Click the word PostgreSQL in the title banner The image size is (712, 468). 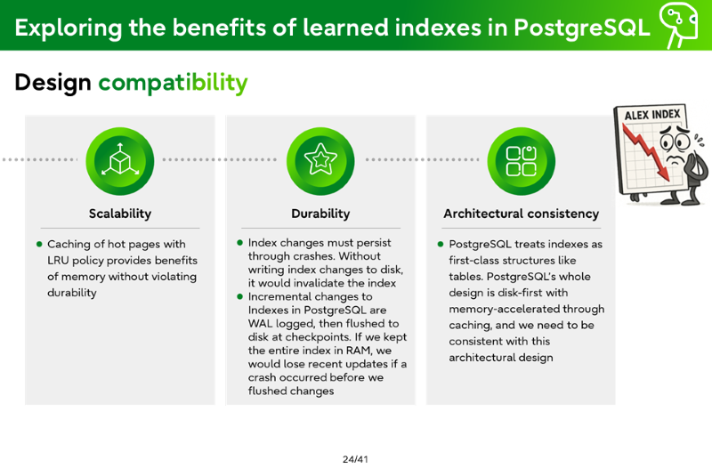[x=582, y=28]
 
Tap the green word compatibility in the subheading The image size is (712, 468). [x=173, y=83]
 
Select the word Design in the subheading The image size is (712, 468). [x=53, y=83]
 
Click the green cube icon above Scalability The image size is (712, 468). [x=120, y=161]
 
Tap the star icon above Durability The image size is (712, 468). [x=320, y=161]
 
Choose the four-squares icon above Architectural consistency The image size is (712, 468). [x=522, y=161]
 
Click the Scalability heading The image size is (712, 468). [x=120, y=214]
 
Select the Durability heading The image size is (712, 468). [x=320, y=214]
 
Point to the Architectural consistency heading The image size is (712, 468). [x=522, y=214]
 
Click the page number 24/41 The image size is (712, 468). [x=355, y=459]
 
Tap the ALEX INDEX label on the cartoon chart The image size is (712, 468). [x=652, y=115]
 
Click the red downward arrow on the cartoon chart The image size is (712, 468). [x=647, y=151]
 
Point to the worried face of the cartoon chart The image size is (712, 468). [x=676, y=144]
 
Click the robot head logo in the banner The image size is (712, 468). [x=679, y=24]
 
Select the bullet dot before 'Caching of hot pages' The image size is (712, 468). [x=39, y=244]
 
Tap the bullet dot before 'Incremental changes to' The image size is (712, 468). [x=240, y=297]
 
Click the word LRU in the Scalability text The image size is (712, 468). [x=58, y=261]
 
